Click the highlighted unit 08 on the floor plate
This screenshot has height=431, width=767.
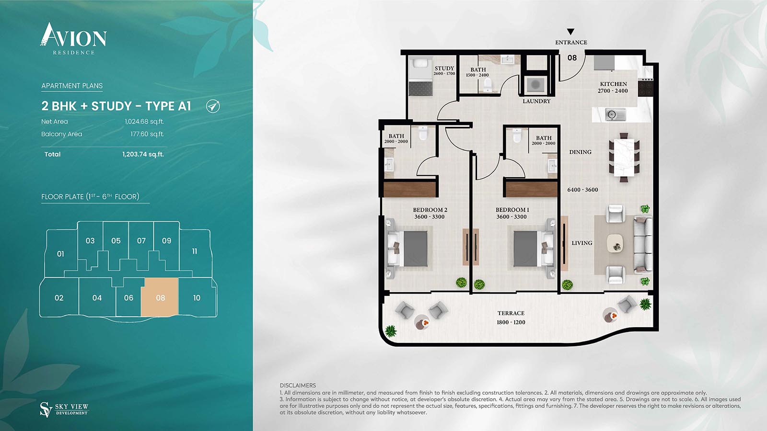click(160, 297)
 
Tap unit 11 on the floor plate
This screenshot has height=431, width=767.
click(195, 251)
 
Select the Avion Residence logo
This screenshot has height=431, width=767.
click(73, 39)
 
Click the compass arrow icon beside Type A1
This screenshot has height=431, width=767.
click(213, 106)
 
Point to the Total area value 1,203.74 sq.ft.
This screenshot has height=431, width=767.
click(143, 154)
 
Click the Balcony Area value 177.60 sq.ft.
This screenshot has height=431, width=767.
click(147, 134)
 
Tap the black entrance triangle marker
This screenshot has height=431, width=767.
click(570, 32)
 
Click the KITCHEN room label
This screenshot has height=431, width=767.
click(613, 84)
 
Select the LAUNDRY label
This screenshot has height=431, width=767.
click(536, 101)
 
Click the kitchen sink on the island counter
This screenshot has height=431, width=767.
click(616, 114)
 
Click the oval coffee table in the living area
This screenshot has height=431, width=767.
click(616, 244)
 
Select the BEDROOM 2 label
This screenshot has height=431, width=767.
click(430, 210)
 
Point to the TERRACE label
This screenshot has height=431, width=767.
click(511, 313)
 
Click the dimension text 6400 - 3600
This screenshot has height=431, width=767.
click(582, 190)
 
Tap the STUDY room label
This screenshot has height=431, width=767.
click(444, 68)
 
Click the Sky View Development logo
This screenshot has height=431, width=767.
click(64, 409)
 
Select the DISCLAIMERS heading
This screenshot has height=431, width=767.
click(298, 386)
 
